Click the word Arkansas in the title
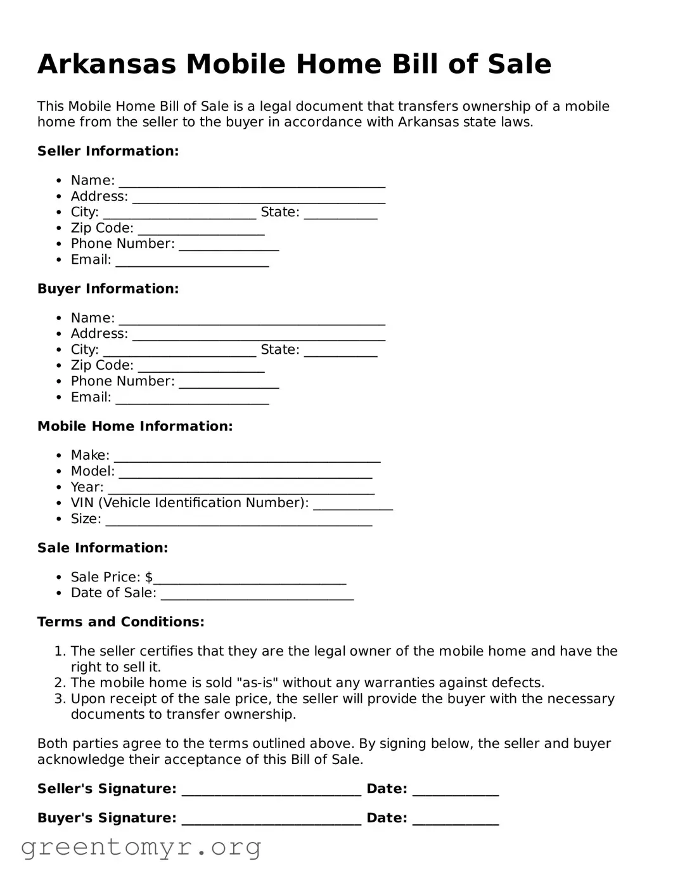[x=106, y=64]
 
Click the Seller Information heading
[x=108, y=151]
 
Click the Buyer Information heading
[x=108, y=288]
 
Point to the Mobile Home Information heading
[x=135, y=426]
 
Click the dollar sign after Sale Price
[x=149, y=577]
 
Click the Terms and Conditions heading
[x=120, y=622]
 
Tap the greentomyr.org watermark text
[x=141, y=847]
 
